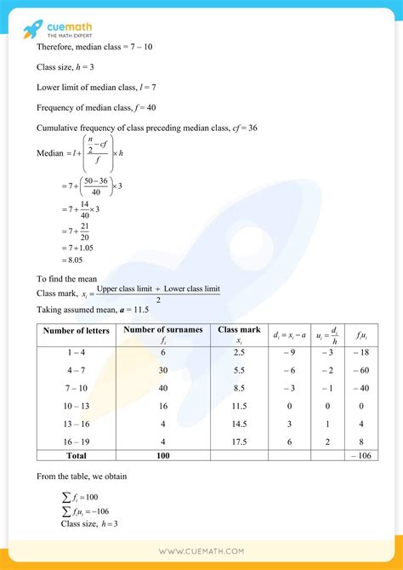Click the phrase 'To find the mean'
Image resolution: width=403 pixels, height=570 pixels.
click(67, 278)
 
